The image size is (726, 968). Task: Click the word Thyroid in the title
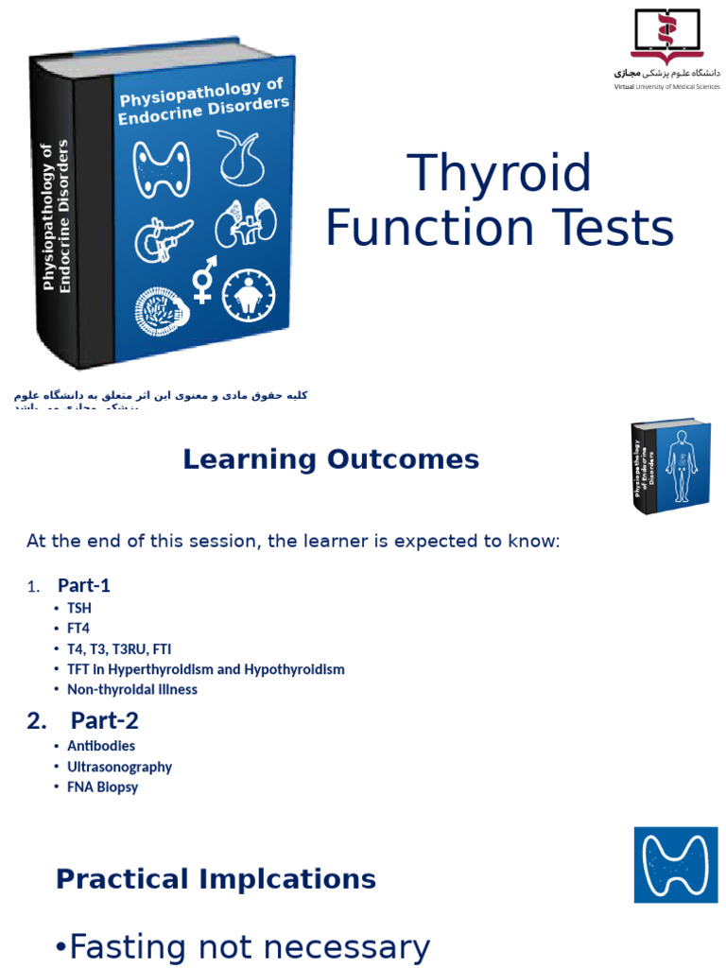[x=499, y=174]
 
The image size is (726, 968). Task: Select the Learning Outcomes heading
[x=331, y=460]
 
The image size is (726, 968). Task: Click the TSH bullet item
[x=79, y=608]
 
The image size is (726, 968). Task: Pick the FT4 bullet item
[x=78, y=628]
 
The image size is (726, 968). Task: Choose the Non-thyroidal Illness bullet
[x=132, y=689]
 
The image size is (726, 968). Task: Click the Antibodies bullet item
[x=101, y=746]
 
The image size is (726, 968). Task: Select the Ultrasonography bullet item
[x=119, y=767]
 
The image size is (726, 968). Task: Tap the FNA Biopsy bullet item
[x=102, y=786]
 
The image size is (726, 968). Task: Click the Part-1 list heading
[x=84, y=585]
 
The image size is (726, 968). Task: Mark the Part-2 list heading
[x=104, y=721]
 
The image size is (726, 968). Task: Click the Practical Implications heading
[x=216, y=879]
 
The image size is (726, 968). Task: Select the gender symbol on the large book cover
[x=203, y=280]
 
